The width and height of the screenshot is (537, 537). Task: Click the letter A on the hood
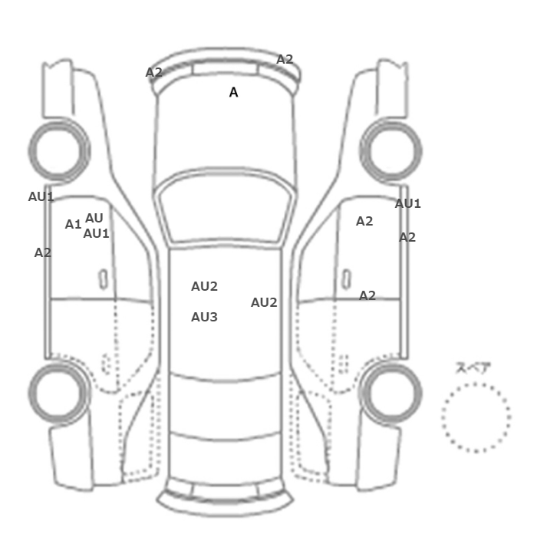(x=233, y=92)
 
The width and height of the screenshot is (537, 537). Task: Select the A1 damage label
(x=73, y=224)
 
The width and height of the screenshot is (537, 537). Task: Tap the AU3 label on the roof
(x=204, y=317)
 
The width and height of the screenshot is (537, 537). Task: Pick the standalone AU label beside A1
(x=94, y=218)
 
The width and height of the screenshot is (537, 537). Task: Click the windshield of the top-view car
(x=225, y=206)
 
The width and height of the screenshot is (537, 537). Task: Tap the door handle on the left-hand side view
(x=103, y=278)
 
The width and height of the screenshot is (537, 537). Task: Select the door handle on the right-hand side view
(x=347, y=278)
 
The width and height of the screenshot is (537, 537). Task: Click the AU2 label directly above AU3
(x=204, y=286)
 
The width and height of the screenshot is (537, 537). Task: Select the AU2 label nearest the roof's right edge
(x=264, y=302)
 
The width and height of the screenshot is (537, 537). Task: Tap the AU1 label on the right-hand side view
(x=407, y=204)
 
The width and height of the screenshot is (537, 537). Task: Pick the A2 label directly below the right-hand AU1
(x=407, y=237)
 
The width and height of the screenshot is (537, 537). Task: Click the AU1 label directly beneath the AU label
(x=96, y=233)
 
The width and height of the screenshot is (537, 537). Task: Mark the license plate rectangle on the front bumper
(x=225, y=68)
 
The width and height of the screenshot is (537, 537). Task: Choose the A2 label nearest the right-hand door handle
(x=367, y=295)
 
